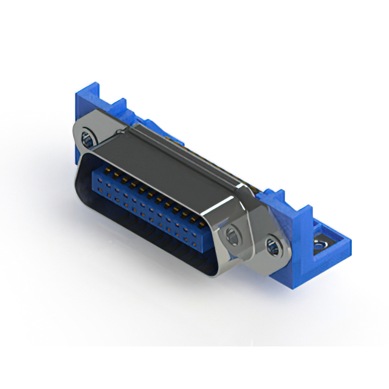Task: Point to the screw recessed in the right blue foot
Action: pos(317,245)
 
